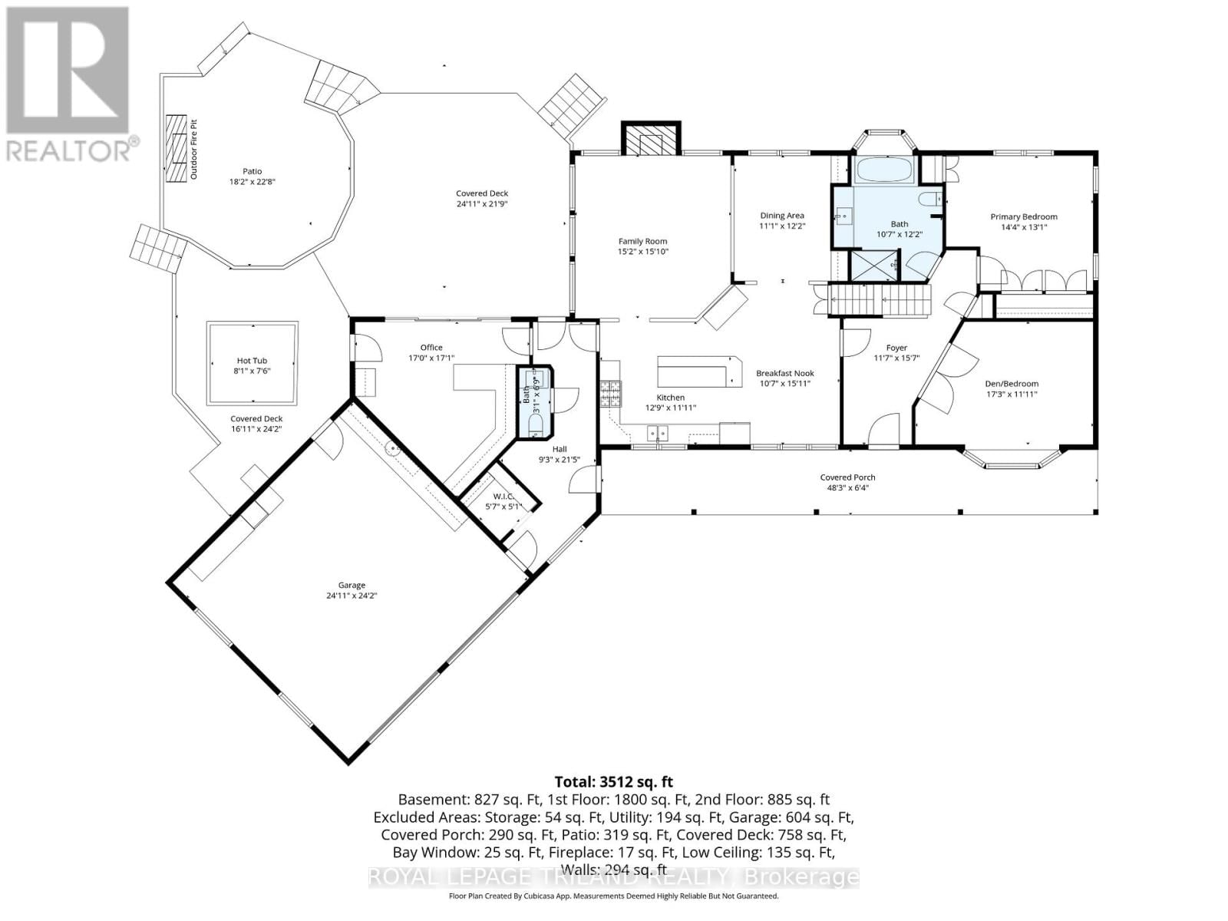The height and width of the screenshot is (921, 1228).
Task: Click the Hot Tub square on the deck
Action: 252,364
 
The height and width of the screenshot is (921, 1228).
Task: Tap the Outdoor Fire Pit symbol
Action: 178,149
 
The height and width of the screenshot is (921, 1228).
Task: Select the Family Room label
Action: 642,241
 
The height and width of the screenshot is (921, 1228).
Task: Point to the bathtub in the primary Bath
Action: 884,170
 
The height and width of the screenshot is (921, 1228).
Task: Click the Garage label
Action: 352,585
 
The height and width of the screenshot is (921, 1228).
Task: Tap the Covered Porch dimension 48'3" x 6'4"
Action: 847,487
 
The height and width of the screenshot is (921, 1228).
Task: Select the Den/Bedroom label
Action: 1012,384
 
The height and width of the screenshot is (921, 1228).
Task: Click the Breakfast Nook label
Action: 784,373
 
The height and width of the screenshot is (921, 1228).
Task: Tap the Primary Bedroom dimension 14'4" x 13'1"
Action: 1023,227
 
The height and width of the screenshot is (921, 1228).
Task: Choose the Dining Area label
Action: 782,216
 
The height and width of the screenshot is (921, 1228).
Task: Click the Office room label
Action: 431,348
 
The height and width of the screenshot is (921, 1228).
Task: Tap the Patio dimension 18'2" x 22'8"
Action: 253,182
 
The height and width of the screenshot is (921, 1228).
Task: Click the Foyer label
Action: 896,348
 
